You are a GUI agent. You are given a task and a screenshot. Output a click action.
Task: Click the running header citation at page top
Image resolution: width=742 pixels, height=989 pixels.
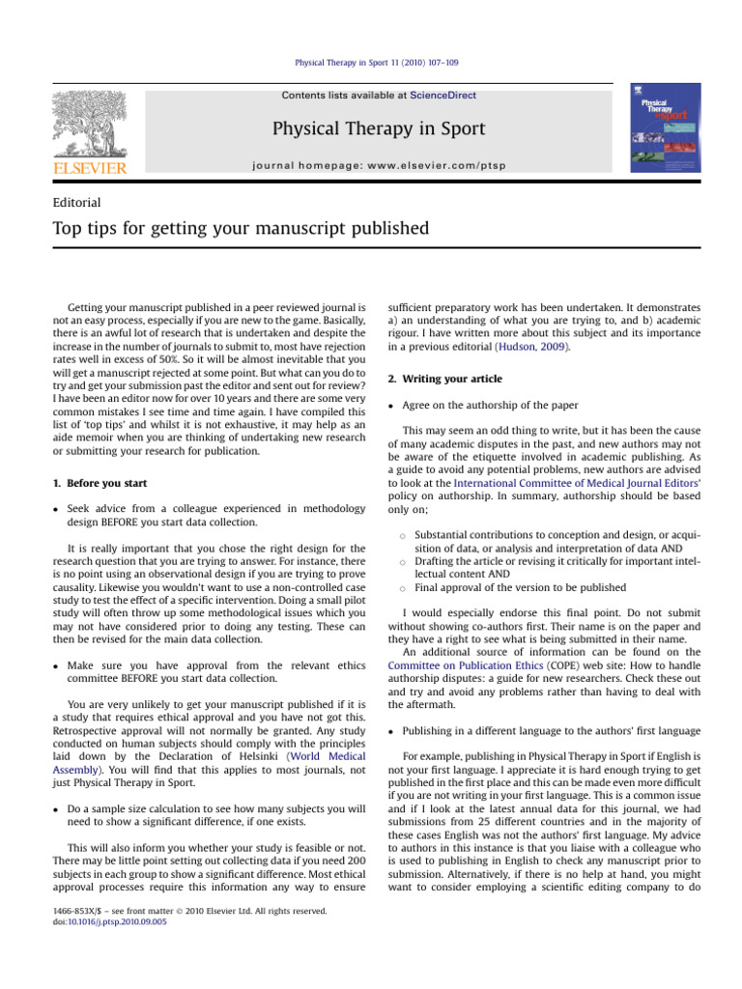(370, 63)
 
